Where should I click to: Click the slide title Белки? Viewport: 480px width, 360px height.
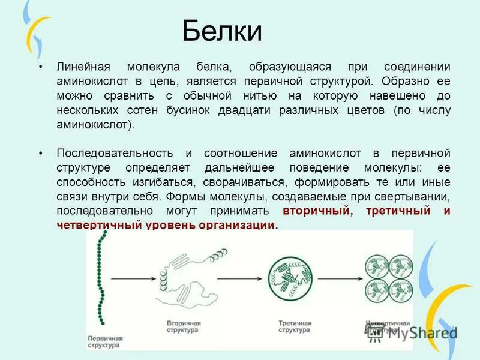pos(222,31)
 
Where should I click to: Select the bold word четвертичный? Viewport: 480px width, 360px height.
pos(99,226)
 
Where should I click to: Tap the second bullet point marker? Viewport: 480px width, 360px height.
pos(40,154)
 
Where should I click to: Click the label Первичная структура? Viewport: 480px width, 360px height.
pos(105,343)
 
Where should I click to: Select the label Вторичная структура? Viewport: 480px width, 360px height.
pos(183,326)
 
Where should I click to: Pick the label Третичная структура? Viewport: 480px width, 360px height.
pos(295,326)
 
